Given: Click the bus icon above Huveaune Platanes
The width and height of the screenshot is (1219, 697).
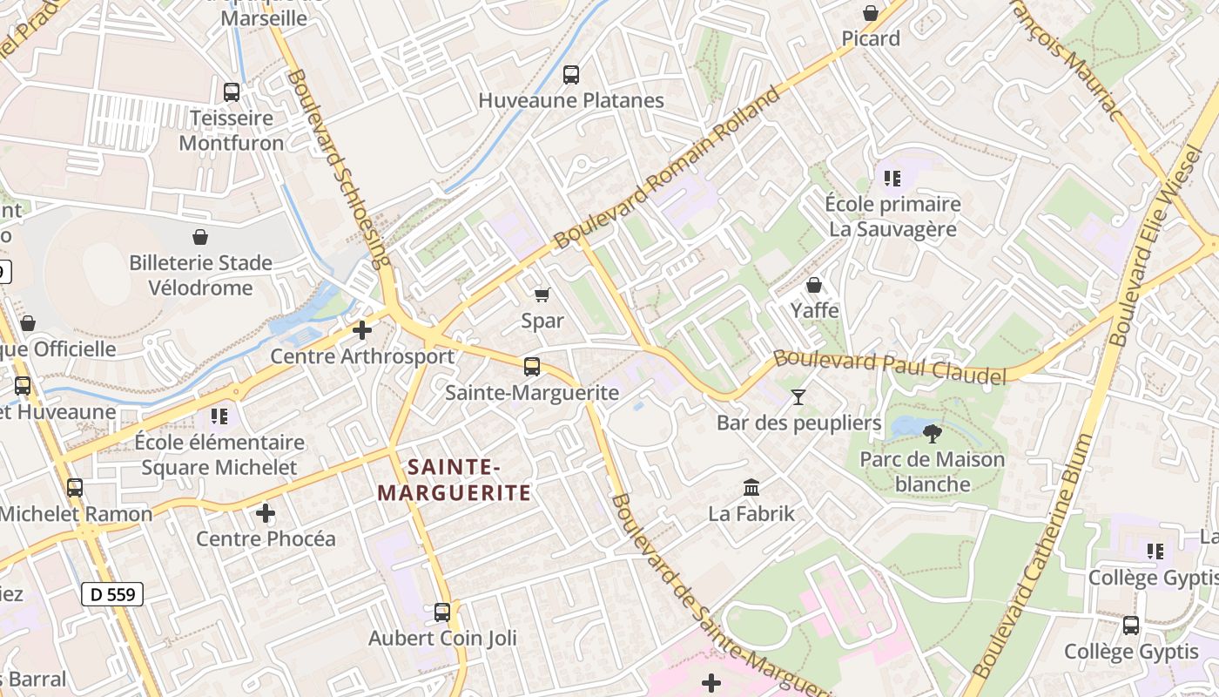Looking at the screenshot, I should [571, 75].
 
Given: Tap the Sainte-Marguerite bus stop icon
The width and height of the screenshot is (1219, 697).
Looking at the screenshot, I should [532, 367].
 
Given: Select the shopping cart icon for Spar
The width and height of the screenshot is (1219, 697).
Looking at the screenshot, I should [542, 295].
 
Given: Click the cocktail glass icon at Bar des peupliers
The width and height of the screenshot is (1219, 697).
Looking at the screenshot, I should [798, 397].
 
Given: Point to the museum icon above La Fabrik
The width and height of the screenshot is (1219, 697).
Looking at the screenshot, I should [751, 488].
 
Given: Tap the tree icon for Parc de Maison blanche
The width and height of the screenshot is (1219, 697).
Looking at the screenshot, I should [933, 433].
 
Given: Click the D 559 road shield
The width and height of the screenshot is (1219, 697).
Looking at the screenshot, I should [112, 594].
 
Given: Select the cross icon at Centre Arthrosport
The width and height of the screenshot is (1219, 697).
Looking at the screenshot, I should [362, 330].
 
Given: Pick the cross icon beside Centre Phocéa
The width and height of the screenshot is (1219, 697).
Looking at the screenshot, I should [266, 513].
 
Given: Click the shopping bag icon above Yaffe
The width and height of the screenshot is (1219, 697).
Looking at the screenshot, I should [814, 285].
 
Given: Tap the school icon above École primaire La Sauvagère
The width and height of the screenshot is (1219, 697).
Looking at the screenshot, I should [892, 179].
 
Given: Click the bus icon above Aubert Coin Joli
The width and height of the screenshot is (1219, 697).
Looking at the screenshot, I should [442, 612].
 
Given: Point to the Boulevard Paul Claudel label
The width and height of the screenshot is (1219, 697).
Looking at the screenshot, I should [890, 367].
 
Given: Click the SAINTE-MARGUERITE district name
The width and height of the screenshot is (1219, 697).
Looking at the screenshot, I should [454, 481].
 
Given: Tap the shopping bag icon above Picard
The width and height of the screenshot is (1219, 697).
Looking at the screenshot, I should [870, 13].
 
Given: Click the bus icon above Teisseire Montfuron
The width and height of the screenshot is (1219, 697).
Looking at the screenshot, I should [232, 92].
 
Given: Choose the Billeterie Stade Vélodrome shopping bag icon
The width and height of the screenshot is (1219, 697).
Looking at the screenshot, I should [200, 237].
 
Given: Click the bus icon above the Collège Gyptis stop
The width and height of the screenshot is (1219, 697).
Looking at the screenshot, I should [1131, 626].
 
